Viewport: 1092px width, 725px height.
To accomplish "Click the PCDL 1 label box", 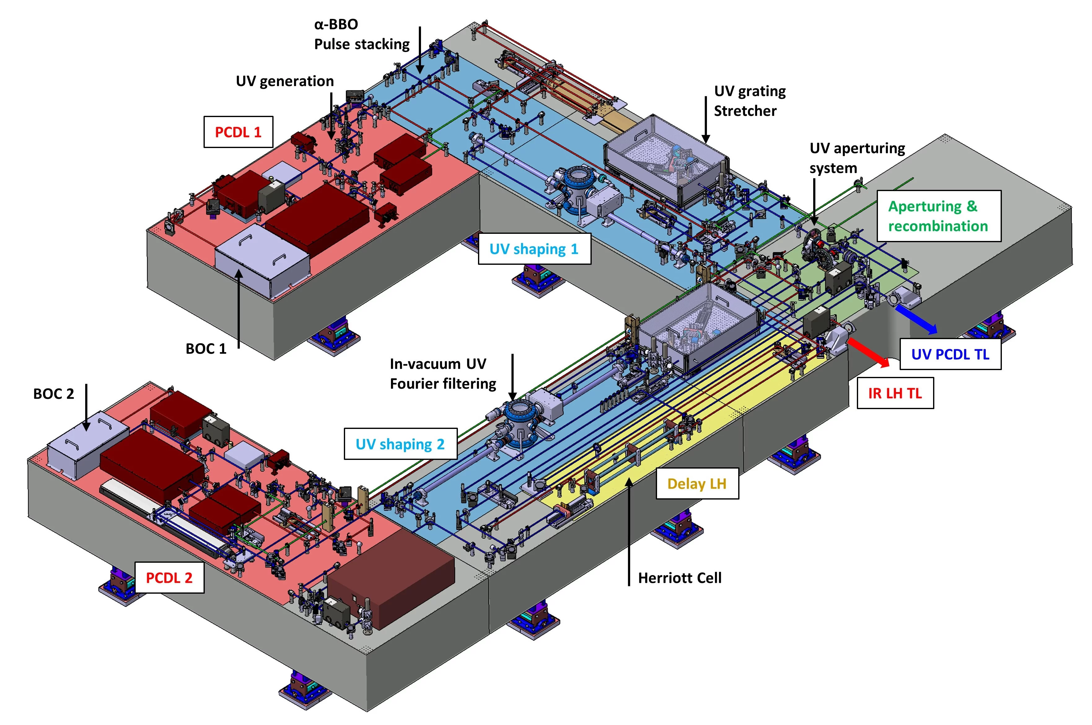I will pos(238,132).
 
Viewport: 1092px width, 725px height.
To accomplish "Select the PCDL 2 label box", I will pos(169,578).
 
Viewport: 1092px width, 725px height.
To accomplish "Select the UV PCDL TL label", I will pos(950,355).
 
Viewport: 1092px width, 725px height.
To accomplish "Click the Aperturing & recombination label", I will pos(938,216).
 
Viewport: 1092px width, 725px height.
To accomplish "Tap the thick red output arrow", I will pos(869,353).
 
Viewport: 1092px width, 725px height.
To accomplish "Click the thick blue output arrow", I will pos(916,319).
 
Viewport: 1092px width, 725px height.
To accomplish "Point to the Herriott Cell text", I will pos(679,578).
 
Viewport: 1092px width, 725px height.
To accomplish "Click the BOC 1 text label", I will pos(206,349).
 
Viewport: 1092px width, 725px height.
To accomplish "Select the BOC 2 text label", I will pos(54,394).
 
